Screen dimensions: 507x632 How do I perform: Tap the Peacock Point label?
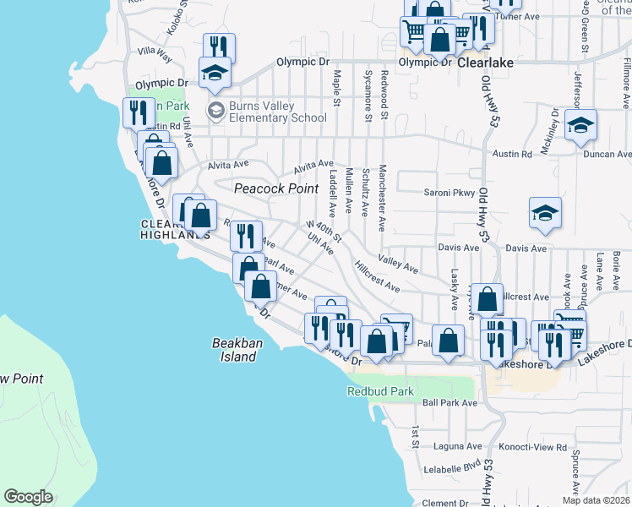(x=276, y=188)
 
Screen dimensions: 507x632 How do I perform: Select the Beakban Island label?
(x=233, y=350)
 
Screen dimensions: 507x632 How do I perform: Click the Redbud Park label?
(x=380, y=391)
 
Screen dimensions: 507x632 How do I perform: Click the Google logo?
(x=29, y=497)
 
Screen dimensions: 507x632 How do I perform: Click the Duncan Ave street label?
(x=607, y=155)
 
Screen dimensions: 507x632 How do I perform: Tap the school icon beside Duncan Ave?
(x=580, y=125)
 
